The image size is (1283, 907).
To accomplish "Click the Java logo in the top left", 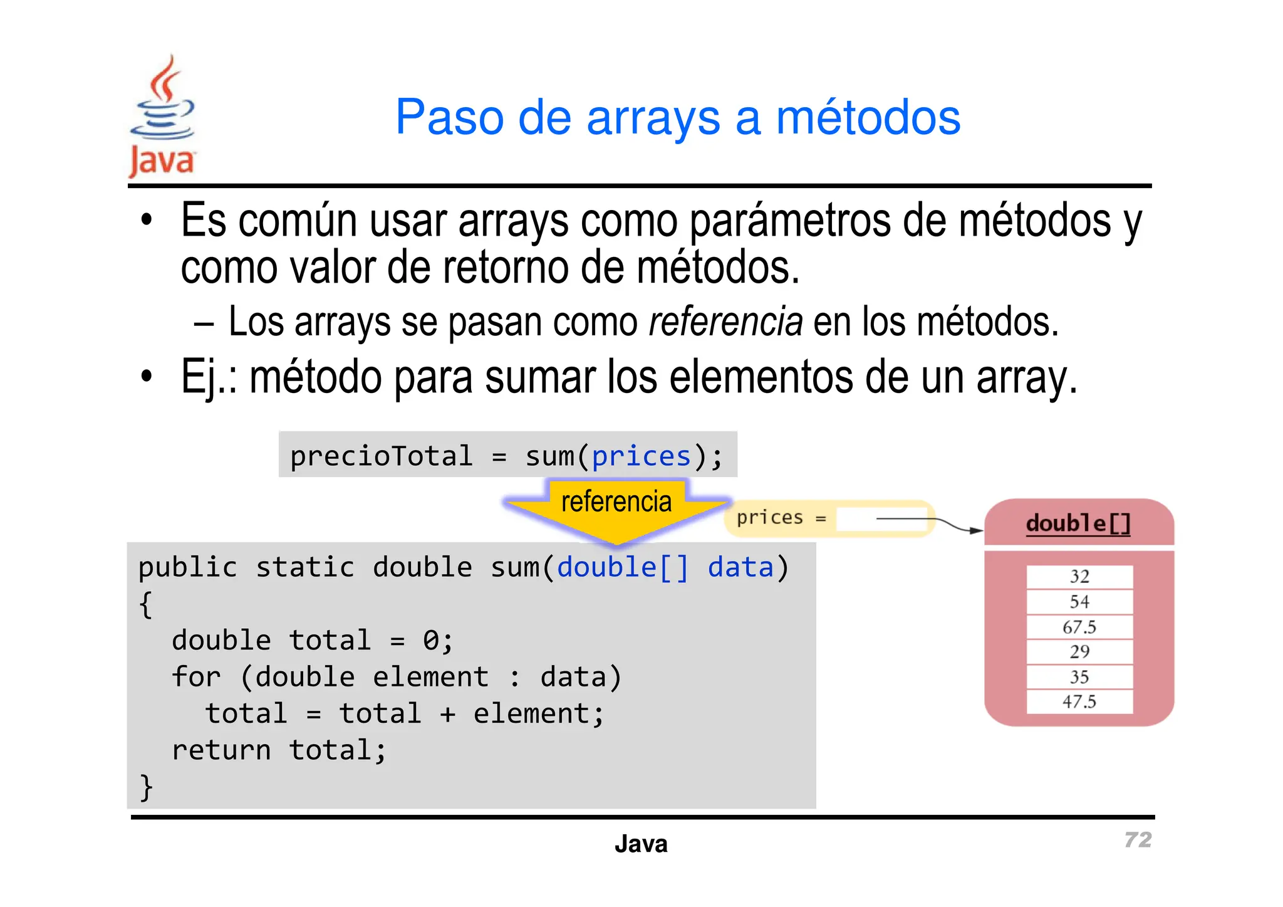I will pyautogui.click(x=162, y=117).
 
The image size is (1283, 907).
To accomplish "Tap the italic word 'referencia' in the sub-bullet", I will pyautogui.click(x=725, y=322).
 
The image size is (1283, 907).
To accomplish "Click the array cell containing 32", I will pyautogui.click(x=1079, y=577).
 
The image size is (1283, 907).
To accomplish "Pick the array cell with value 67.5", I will pyautogui.click(x=1079, y=627).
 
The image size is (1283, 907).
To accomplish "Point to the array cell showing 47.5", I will pyautogui.click(x=1079, y=701).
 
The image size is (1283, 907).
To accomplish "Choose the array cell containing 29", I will pyautogui.click(x=1079, y=652).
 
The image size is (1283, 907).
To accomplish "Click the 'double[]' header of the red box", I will pyautogui.click(x=1078, y=523).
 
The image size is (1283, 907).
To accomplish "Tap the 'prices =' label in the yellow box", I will pyautogui.click(x=781, y=518).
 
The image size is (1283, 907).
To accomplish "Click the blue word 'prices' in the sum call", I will pyautogui.click(x=641, y=456).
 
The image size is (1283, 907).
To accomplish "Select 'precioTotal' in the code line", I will pyautogui.click(x=381, y=456).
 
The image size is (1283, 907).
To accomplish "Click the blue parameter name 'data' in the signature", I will pyautogui.click(x=740, y=568).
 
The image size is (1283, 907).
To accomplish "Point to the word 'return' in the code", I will pyautogui.click(x=221, y=750).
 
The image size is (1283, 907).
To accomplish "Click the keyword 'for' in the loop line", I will pyautogui.click(x=196, y=678).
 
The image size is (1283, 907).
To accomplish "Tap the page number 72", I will pyautogui.click(x=1137, y=840).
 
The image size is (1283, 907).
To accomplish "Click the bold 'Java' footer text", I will pyautogui.click(x=641, y=844).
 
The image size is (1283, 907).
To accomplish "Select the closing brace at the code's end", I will pyautogui.click(x=146, y=787).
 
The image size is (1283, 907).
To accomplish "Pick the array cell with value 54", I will pyautogui.click(x=1079, y=602).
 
